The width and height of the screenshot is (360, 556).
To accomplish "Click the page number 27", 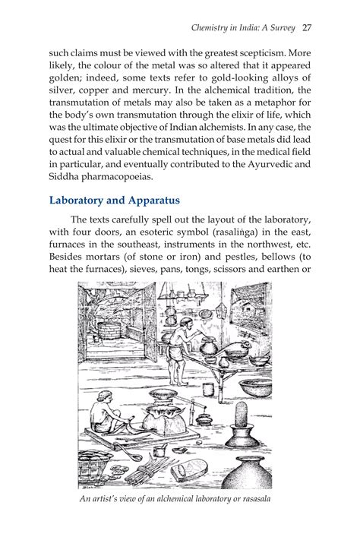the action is (x=307, y=28).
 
